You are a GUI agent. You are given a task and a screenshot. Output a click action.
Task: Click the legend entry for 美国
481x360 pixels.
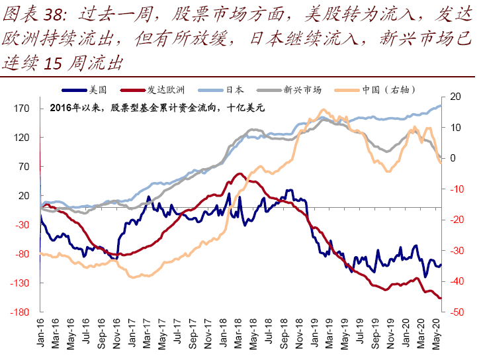[x=84, y=89]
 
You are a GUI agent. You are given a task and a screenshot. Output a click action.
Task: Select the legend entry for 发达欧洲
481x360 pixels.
[x=152, y=89]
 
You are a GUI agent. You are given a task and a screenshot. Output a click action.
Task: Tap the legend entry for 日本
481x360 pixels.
[x=221, y=89]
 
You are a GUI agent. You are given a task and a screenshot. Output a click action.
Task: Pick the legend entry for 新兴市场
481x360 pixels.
[x=289, y=89]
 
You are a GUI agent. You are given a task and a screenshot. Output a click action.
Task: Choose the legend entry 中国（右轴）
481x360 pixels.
[x=375, y=89]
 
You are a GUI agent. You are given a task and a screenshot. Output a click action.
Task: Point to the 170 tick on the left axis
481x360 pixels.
[x=21, y=109]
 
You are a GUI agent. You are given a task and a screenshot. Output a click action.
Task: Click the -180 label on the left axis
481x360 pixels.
[x=19, y=312]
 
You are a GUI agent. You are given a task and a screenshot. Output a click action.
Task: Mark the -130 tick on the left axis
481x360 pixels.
[x=19, y=283]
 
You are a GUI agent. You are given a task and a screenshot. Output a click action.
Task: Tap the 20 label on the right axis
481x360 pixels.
[x=456, y=97]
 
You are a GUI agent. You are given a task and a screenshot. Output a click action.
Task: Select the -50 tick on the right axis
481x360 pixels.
[x=457, y=312]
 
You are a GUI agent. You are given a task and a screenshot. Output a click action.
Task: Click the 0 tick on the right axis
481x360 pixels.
[x=453, y=158]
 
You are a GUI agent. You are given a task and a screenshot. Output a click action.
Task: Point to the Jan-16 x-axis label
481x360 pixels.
[x=40, y=333]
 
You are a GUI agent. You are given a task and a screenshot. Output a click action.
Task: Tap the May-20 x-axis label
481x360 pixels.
[x=436, y=334]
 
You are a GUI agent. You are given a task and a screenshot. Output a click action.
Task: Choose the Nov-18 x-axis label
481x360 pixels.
[x=299, y=334]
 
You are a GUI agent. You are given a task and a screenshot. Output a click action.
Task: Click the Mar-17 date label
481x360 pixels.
[x=147, y=334]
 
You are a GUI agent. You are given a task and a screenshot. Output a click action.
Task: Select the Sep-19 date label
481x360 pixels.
[x=375, y=334]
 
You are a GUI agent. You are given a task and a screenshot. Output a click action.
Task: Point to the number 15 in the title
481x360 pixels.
[x=53, y=64]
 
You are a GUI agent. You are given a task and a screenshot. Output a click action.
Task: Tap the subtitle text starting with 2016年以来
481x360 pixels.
[x=157, y=108]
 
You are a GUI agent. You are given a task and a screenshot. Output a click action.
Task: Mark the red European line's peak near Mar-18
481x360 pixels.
[x=240, y=174]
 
